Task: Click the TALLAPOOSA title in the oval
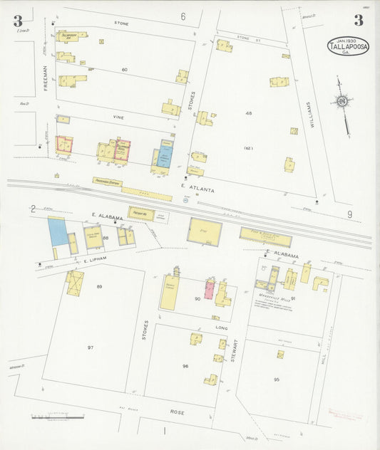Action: (x=349, y=48)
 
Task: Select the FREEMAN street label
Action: (x=44, y=77)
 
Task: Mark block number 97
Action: (x=91, y=347)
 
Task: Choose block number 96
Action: (x=185, y=367)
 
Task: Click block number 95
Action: (x=276, y=380)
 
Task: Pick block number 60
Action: (x=124, y=69)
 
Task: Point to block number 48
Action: (x=249, y=113)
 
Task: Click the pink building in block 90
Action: (x=210, y=289)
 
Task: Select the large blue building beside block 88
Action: (x=56, y=232)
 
